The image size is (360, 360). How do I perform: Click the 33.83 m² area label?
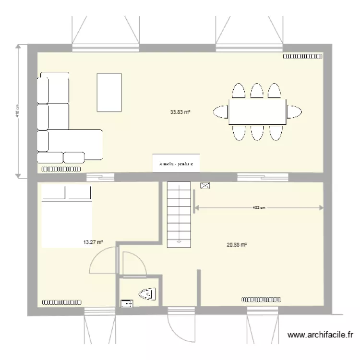click(180, 112)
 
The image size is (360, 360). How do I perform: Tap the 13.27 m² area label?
click(94, 242)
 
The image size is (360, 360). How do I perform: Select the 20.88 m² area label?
click(237, 244)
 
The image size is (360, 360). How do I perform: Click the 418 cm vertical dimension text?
click(18, 112)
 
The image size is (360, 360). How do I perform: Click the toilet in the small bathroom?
click(147, 294)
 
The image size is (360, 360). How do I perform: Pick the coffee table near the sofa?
click(109, 92)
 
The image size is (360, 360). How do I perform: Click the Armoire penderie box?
click(176, 164)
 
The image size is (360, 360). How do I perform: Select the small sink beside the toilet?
click(127, 303)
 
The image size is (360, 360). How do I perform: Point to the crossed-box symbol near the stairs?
click(205, 185)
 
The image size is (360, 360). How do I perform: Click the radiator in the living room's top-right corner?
click(302, 56)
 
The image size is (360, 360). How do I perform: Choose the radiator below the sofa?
click(61, 169)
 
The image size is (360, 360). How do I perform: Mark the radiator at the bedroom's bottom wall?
click(61, 302)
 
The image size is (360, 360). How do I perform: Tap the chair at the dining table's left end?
click(221, 112)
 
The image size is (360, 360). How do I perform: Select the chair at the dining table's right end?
click(294, 112)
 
